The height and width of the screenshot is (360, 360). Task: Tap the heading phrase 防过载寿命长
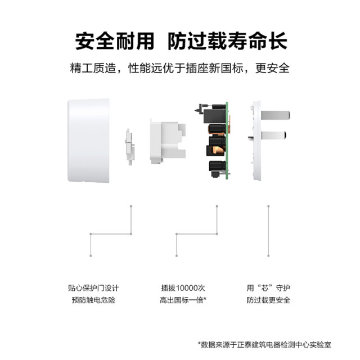pos(228,42)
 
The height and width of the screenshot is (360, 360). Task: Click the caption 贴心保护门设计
pos(93,287)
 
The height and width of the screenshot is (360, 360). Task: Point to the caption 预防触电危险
pos(93,300)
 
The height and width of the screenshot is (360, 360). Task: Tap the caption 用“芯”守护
pos(268,287)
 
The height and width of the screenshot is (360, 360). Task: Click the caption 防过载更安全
pos(268,300)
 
